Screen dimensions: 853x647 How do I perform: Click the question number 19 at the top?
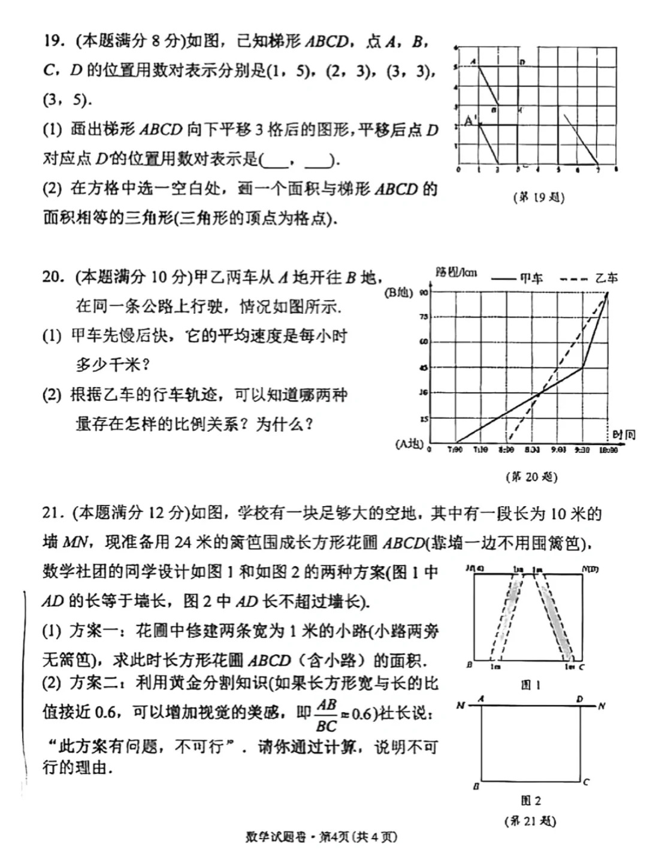pyautogui.click(x=53, y=41)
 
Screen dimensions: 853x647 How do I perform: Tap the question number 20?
pyautogui.click(x=53, y=277)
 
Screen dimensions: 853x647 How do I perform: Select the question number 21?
pyautogui.click(x=53, y=513)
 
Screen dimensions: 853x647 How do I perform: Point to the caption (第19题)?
pyautogui.click(x=539, y=197)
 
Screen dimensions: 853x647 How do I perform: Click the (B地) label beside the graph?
pyautogui.click(x=398, y=292)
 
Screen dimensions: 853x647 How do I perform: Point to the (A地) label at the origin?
pyautogui.click(x=409, y=444)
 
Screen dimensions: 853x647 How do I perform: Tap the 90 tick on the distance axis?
pyautogui.click(x=424, y=292)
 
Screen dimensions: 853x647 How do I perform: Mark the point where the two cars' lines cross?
pyautogui.click(x=540, y=393)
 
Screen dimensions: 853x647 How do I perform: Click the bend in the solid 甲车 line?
pyautogui.click(x=582, y=367)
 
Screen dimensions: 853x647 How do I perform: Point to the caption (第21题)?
pyautogui.click(x=530, y=821)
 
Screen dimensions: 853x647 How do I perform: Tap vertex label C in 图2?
pyautogui.click(x=586, y=781)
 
